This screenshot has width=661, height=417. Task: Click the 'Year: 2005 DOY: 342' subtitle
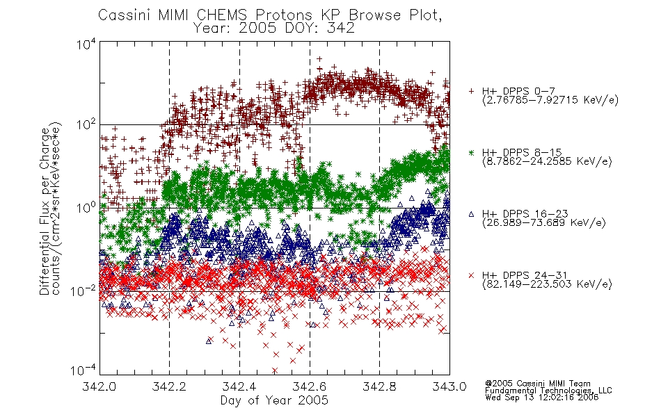pos(274,28)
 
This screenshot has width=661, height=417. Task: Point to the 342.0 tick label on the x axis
pos(99,386)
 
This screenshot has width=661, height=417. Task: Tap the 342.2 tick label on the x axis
pos(169,386)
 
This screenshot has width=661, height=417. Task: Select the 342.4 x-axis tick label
pos(239,386)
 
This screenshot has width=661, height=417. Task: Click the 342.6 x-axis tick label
pos(310,386)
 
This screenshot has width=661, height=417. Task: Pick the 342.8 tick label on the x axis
pos(379,386)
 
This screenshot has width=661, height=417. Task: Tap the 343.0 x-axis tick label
pos(449,386)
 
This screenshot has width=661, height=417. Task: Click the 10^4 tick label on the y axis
pos(86,44)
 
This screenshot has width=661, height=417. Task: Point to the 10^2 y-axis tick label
pos(86,125)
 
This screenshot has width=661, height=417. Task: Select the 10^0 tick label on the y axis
pos(86,208)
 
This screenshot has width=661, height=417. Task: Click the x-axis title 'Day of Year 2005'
pos(274,400)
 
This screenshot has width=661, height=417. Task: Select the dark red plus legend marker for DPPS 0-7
pos(471,91)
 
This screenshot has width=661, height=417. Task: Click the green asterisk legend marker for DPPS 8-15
pos(471,152)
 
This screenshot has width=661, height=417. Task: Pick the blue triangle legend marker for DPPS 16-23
pos(471,214)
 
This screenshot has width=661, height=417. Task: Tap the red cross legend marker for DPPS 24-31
pos(471,275)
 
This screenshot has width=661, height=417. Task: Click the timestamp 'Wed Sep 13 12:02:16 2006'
pos(542,398)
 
